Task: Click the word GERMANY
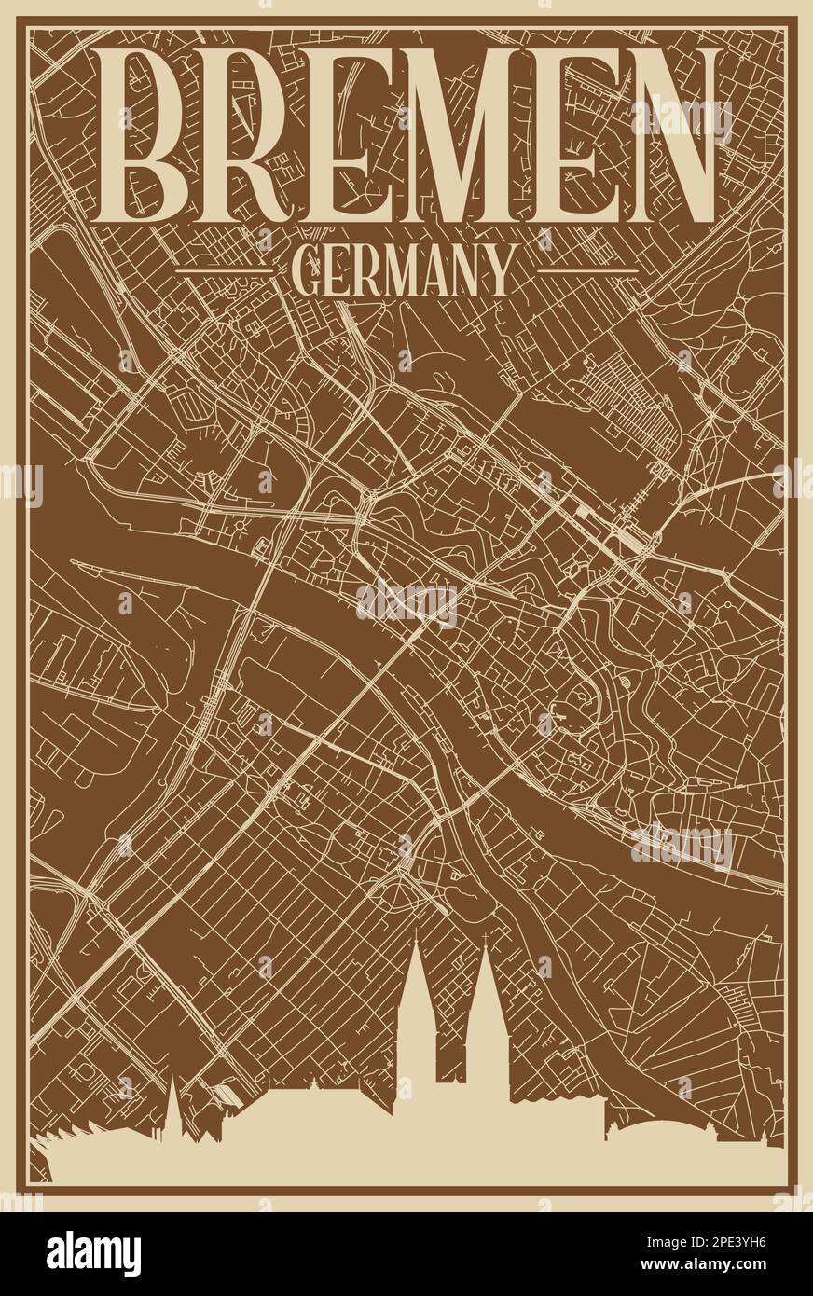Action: [402, 271]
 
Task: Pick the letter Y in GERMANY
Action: [499, 271]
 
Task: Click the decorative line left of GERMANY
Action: [225, 271]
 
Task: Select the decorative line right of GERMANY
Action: [587, 271]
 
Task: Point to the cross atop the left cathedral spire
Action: [416, 935]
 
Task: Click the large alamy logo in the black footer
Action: [94, 1253]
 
